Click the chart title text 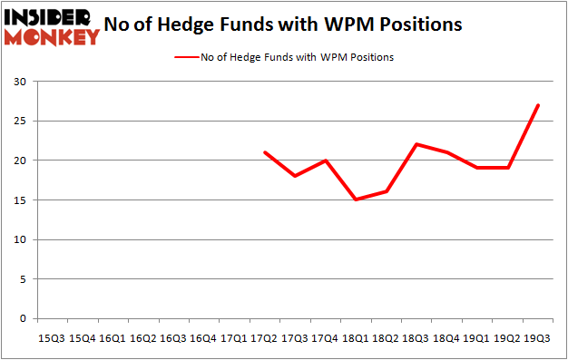coord(283,24)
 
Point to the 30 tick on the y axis coord(19,82)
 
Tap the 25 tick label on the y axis coord(19,122)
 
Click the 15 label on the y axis coord(19,200)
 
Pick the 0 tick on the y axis coord(22,319)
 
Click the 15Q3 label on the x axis coord(52,337)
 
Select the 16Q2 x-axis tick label coord(142,337)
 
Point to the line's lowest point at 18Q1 coord(356,199)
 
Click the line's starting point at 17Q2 coord(264,152)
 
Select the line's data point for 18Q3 coord(416,144)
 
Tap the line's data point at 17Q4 coord(325,161)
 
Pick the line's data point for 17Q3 coord(295,176)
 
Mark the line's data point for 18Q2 coord(387,191)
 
